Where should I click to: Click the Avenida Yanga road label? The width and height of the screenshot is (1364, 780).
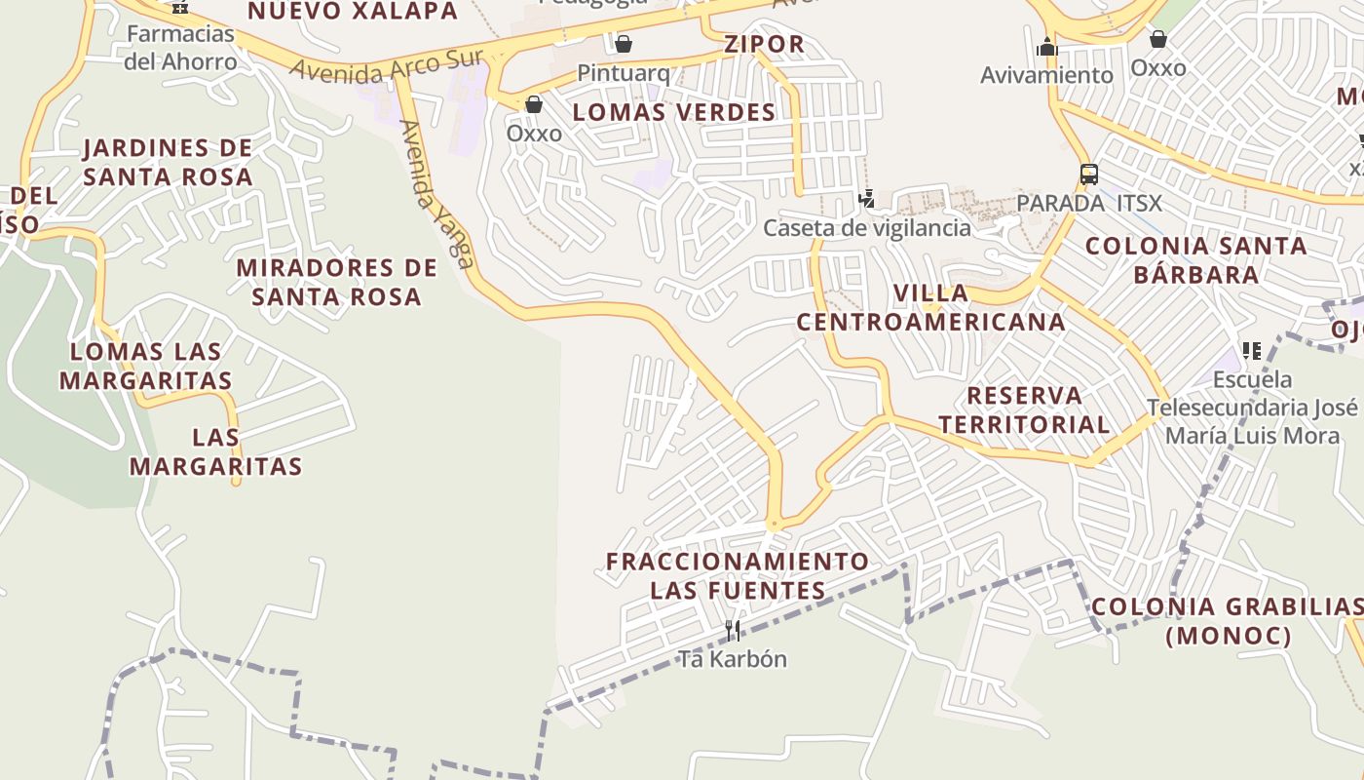436,194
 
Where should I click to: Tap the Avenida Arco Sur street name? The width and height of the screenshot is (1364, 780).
387,66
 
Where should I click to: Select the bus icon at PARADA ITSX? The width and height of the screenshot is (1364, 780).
1089,175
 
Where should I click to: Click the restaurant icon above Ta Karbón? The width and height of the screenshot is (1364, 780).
733,630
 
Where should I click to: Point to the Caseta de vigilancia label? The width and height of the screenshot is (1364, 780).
867,228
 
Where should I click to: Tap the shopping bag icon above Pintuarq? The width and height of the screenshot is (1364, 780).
624,44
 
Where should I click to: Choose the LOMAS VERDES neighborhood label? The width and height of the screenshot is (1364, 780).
674,112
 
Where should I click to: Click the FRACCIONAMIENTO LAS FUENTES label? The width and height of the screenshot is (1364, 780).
738,575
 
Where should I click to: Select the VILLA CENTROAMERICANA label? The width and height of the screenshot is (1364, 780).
931,307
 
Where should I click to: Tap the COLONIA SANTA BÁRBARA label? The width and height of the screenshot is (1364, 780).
1196,259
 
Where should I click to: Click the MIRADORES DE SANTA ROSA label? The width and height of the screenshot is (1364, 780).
337,282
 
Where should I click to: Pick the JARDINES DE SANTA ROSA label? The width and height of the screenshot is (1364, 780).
168,162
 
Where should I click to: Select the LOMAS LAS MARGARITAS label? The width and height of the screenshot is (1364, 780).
146,366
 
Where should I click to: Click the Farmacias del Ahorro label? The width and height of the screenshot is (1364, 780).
180,48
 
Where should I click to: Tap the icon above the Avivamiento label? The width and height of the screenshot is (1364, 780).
1047,46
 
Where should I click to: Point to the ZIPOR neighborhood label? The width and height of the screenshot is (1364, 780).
765,44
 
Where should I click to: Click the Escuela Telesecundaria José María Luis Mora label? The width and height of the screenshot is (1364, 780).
1252,407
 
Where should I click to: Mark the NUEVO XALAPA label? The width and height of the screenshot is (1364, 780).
353,12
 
